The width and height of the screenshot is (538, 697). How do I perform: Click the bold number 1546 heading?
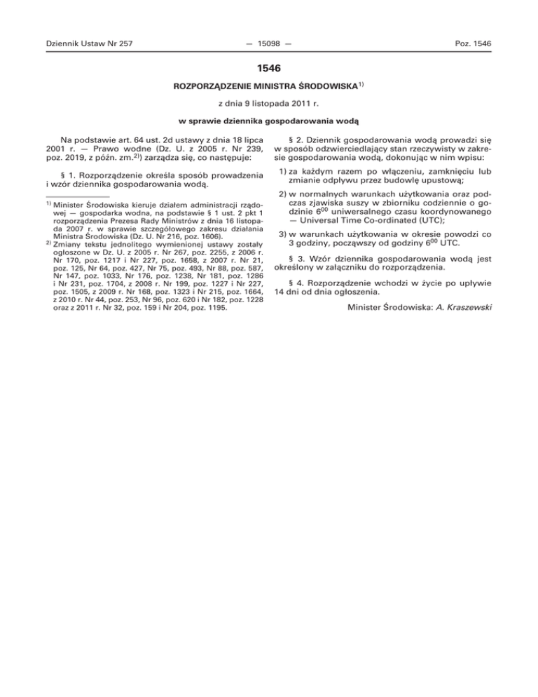(x=268, y=70)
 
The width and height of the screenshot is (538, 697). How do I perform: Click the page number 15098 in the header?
(x=269, y=44)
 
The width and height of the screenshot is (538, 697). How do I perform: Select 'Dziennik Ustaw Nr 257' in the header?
(x=88, y=44)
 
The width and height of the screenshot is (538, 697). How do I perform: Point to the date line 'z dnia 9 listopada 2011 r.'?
(x=269, y=109)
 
